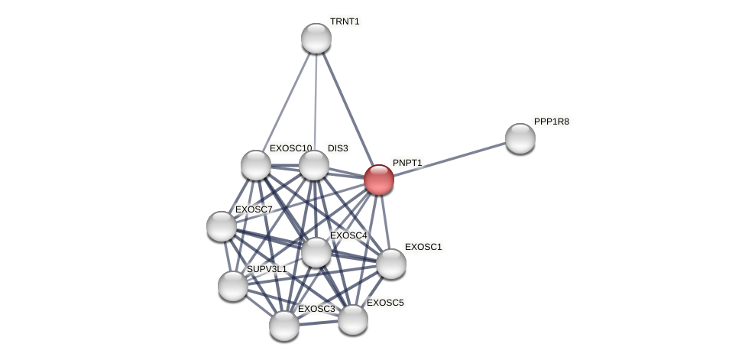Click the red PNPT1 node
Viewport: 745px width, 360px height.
(378, 180)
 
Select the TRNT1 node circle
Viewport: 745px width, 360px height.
(316, 38)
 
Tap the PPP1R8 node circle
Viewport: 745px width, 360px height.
(520, 138)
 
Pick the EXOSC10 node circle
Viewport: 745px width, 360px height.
(256, 165)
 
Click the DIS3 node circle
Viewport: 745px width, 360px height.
(313, 165)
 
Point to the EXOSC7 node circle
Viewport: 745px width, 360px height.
(222, 226)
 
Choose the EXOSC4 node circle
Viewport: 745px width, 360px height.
(316, 252)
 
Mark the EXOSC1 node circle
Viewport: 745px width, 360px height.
(390, 264)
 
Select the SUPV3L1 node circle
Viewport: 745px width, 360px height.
(233, 286)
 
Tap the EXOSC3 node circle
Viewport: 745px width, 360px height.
(283, 326)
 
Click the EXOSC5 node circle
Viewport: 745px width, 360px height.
(352, 319)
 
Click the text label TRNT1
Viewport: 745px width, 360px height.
(345, 21)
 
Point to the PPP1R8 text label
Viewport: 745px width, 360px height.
(551, 122)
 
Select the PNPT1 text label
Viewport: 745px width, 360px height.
(407, 163)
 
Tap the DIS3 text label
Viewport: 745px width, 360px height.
(338, 148)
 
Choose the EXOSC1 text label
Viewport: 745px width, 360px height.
(423, 247)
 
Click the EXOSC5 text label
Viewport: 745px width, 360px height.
(385, 303)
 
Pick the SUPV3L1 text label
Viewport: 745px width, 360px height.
(267, 269)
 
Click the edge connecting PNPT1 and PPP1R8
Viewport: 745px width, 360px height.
(451, 158)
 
